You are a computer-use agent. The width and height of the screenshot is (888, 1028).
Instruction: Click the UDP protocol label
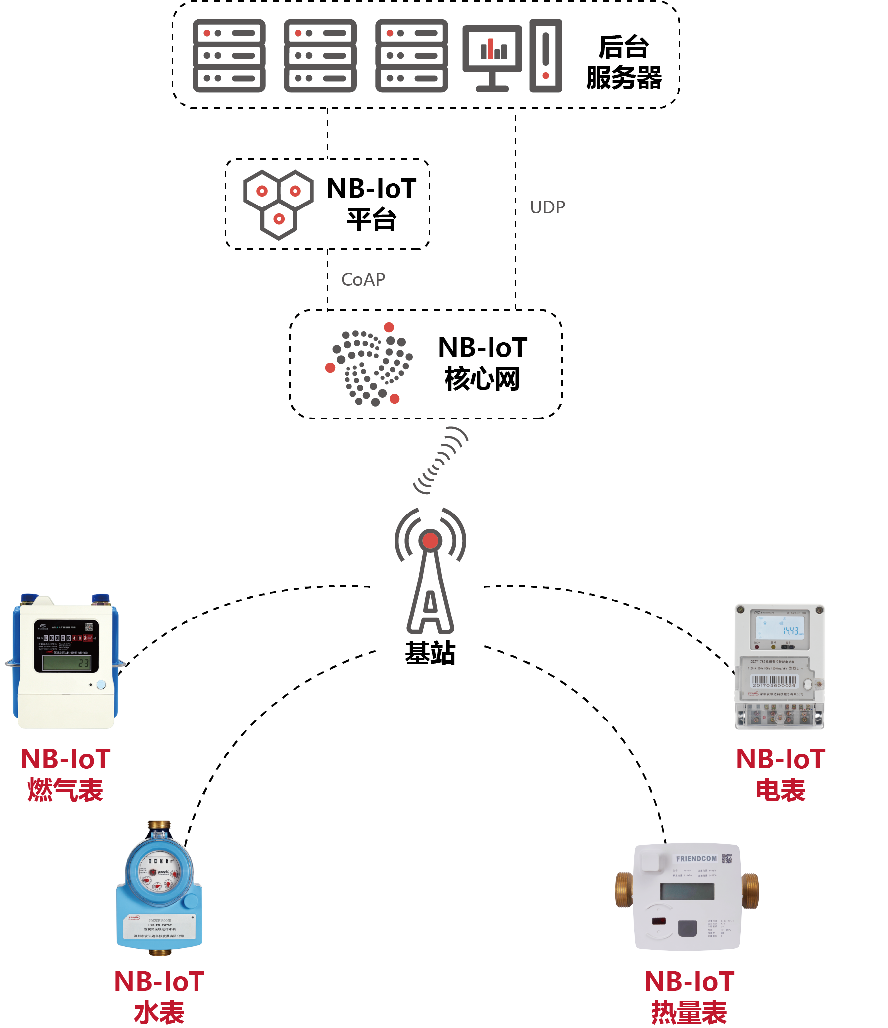point(547,207)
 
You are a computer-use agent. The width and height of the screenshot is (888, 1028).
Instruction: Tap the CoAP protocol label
point(363,280)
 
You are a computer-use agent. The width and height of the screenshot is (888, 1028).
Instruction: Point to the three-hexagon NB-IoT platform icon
point(278,204)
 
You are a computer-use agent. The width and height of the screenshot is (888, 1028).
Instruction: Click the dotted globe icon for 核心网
point(370,365)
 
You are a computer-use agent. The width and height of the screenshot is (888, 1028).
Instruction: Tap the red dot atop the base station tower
point(430,540)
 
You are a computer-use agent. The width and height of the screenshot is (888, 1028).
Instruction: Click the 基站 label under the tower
point(430,653)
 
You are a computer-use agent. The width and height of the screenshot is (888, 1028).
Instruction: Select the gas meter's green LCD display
point(66,663)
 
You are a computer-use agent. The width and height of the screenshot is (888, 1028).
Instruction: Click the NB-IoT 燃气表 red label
point(65,774)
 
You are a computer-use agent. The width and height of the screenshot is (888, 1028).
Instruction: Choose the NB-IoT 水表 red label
point(159,997)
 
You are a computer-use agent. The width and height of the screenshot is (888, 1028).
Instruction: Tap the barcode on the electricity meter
point(774,681)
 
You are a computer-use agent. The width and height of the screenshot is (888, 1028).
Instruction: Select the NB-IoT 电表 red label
point(781,774)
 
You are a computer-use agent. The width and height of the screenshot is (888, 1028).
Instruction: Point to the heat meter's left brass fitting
point(624,889)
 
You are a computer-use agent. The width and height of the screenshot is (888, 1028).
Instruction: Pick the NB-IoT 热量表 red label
point(690,997)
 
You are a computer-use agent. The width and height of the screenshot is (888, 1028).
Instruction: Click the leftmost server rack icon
point(229,56)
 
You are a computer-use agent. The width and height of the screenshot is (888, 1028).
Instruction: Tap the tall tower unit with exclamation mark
point(546,56)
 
